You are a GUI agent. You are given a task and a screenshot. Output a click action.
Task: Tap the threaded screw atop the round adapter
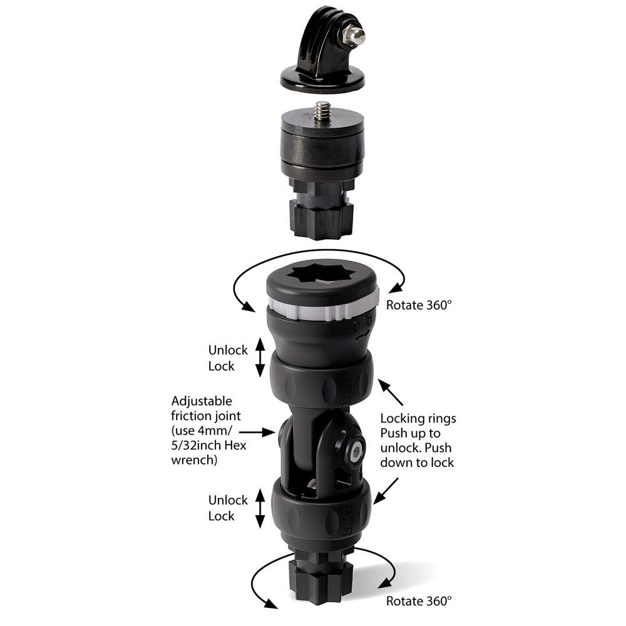pos(323,111)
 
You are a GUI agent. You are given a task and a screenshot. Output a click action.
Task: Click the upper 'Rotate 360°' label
pos(418,305)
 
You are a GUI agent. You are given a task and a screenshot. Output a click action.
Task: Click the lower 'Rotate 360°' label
pos(418,601)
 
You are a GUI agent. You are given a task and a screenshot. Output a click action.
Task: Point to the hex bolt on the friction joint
pos(354,449)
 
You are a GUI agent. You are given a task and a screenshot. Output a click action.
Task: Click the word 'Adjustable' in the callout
pos(201,401)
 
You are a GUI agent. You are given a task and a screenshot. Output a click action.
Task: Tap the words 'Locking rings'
pos(418,418)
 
